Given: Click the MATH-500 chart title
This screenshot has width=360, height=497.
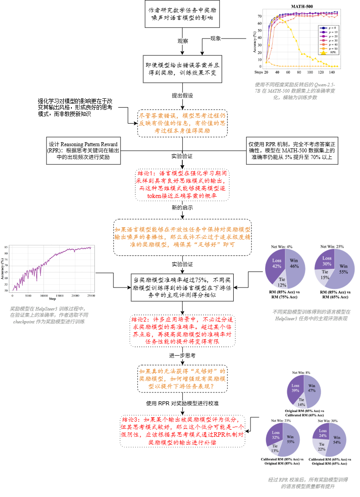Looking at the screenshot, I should (301, 7).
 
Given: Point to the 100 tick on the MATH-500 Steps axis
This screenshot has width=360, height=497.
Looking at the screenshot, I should (310, 71).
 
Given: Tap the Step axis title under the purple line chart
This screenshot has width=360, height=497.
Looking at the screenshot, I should (52, 299).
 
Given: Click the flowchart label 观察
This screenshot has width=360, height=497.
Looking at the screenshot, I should (183, 41).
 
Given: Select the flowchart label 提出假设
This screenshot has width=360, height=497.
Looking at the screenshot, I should (183, 96).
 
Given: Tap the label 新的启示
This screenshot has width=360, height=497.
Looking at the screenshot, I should (183, 207).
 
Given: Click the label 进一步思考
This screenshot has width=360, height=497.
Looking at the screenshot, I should (183, 355).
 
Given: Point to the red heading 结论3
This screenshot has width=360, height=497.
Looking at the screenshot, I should (132, 418).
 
